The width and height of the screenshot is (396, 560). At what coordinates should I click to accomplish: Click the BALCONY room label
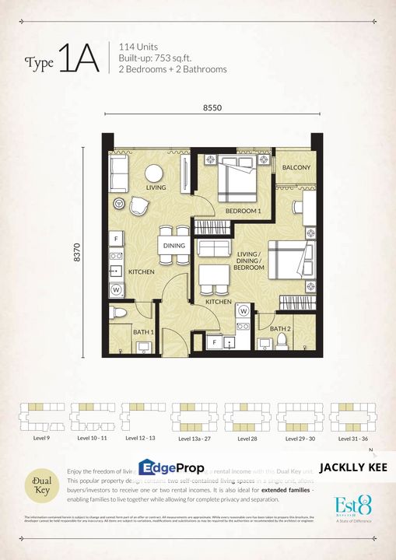[x=296, y=167]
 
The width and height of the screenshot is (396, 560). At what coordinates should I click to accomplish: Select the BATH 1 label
[x=142, y=333]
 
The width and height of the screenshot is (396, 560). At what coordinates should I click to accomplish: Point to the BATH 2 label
[x=280, y=329]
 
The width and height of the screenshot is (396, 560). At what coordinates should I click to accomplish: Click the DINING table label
[x=174, y=246]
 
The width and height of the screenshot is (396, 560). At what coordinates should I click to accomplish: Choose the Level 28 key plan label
[x=247, y=439]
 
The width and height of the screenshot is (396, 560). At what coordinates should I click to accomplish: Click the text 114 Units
[x=139, y=45]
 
